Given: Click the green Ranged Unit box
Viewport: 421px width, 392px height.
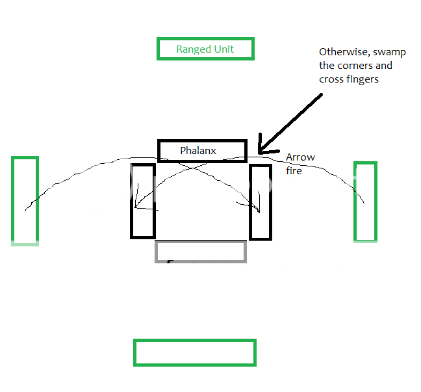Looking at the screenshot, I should click(205, 49).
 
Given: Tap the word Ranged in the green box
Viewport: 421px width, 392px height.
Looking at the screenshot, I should click(192, 49).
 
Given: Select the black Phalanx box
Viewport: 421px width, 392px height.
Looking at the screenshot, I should click(202, 150).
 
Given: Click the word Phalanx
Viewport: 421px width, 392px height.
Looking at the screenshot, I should click(198, 150).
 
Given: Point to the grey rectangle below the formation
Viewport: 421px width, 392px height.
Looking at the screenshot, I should click(201, 252).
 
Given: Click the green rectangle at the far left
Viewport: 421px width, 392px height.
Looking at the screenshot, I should click(25, 200).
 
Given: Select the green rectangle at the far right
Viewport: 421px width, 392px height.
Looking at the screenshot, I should click(365, 202).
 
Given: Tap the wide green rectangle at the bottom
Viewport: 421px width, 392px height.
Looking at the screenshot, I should click(195, 352).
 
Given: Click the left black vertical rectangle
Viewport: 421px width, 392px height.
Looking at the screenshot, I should click(143, 201).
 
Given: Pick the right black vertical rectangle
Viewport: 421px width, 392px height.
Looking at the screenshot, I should click(261, 202).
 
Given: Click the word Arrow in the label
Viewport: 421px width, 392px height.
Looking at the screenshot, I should click(300, 158).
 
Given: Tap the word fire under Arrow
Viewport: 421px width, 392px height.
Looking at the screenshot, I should click(294, 171).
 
